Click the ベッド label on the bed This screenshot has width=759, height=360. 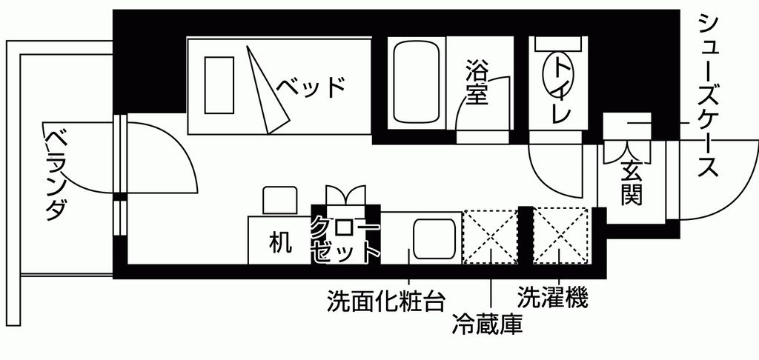pos(311,87)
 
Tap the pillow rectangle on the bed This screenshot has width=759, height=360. pos(219,84)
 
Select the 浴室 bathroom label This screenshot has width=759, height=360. pos(476,83)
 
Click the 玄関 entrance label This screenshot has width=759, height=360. pos(632,182)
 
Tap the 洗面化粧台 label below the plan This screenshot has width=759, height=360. pos(386,301)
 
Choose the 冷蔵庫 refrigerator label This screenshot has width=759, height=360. pos(487,324)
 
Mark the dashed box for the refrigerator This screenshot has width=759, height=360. pos(490,236)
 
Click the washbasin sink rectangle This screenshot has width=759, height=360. pos(433,239)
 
